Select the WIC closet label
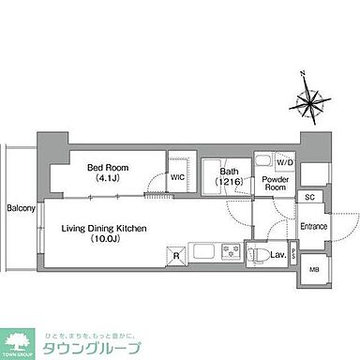(177, 175)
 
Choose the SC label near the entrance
(308, 198)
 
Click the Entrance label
(313, 228)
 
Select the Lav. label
(279, 254)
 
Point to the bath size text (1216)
(231, 183)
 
